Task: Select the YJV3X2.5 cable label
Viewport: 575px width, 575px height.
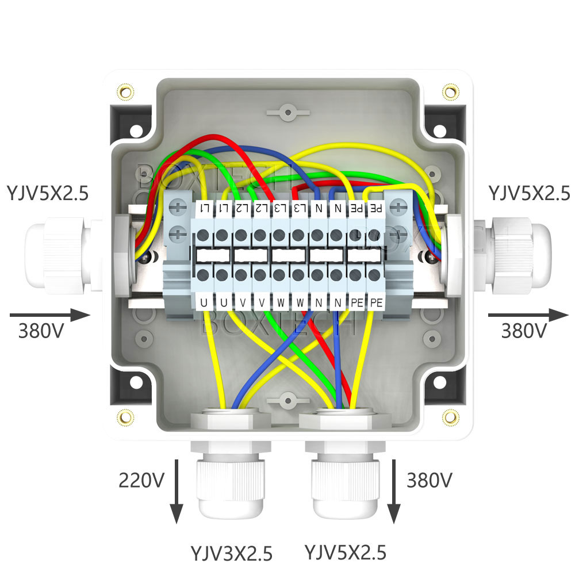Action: (231, 553)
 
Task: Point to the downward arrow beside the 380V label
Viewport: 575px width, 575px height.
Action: (394, 491)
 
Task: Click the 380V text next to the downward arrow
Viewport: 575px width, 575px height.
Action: (429, 480)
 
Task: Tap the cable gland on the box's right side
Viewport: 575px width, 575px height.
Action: (517, 253)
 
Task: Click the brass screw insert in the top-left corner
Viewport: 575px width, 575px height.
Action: (124, 91)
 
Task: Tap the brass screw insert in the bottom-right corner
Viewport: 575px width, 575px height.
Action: (451, 416)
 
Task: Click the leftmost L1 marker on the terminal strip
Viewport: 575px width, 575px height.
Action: (204, 208)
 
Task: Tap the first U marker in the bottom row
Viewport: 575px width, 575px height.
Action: (204, 301)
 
